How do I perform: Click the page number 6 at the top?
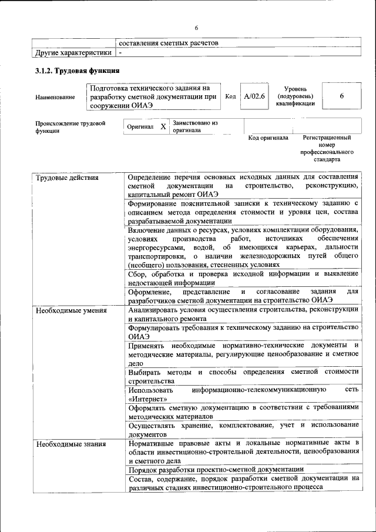197,28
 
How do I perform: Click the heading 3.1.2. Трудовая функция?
77,71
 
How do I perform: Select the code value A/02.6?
255,96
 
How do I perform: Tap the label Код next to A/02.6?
231,96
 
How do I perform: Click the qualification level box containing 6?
341,96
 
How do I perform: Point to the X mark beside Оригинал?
163,126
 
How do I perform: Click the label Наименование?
55,97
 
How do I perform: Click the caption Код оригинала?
268,138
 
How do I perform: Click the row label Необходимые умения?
71,310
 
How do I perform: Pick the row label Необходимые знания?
71,444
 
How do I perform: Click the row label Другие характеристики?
73,53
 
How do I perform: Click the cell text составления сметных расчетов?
168,43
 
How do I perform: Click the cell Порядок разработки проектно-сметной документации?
216,469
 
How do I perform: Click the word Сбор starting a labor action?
137,273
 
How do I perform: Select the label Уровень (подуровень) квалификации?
295,96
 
